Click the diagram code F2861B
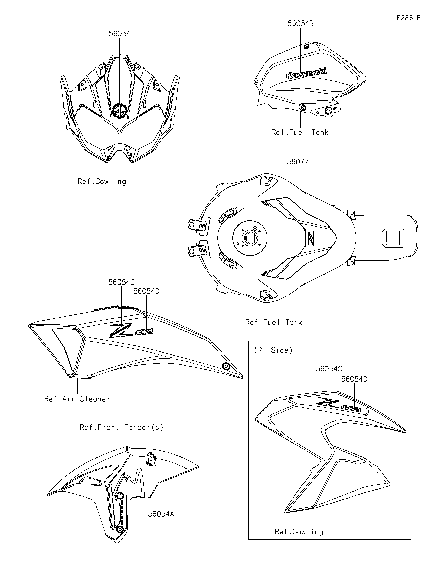pyautogui.click(x=408, y=18)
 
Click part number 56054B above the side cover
pyautogui.click(x=300, y=24)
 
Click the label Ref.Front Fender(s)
pyautogui.click(x=122, y=427)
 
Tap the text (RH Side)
pyautogui.click(x=273, y=350)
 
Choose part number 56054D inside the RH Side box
pyautogui.click(x=354, y=379)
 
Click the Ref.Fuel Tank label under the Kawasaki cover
pyautogui.click(x=300, y=132)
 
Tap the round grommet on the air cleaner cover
pyautogui.click(x=226, y=366)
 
